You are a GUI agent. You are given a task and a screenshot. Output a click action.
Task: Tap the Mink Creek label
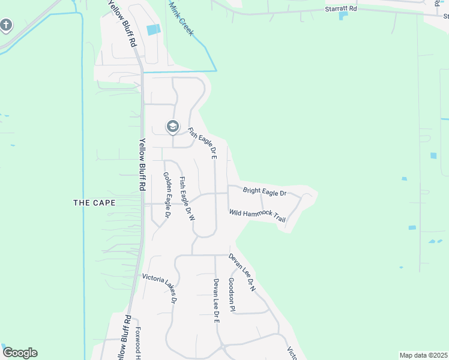click(x=181, y=19)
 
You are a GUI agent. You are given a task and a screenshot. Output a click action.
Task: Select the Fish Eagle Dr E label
click(x=202, y=143)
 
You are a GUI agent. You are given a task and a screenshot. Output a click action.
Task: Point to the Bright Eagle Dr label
click(x=265, y=192)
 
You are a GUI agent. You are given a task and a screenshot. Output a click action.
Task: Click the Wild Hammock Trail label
click(x=257, y=215)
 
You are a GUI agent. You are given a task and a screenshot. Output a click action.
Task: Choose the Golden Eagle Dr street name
click(x=167, y=194)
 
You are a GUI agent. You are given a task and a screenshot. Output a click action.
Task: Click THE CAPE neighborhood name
click(x=94, y=203)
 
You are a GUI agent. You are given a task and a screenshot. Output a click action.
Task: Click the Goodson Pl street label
click(x=232, y=294)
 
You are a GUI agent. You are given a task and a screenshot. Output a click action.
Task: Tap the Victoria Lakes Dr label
click(x=158, y=287)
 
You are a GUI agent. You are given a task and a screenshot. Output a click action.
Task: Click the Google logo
click(x=20, y=353)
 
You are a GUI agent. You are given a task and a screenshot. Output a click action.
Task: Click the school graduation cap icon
click(x=173, y=127)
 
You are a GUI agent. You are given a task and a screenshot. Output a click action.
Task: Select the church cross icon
click(x=6, y=25)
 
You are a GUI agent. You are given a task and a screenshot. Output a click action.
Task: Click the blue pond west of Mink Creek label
click(x=154, y=29)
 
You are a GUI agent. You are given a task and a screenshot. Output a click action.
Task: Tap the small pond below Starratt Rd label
click(x=343, y=16)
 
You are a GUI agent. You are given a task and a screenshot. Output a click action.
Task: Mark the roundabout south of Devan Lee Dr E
click(x=221, y=346)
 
